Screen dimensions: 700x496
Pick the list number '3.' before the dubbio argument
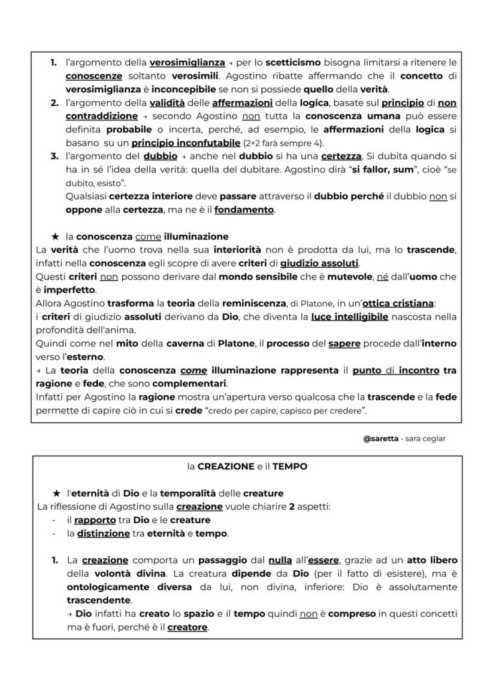tap(54, 156)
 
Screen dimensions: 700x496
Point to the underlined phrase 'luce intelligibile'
tap(349, 317)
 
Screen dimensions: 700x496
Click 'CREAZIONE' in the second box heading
tap(225, 466)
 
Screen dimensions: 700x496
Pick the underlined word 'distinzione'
tap(103, 534)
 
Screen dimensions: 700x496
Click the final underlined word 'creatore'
tap(187, 627)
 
